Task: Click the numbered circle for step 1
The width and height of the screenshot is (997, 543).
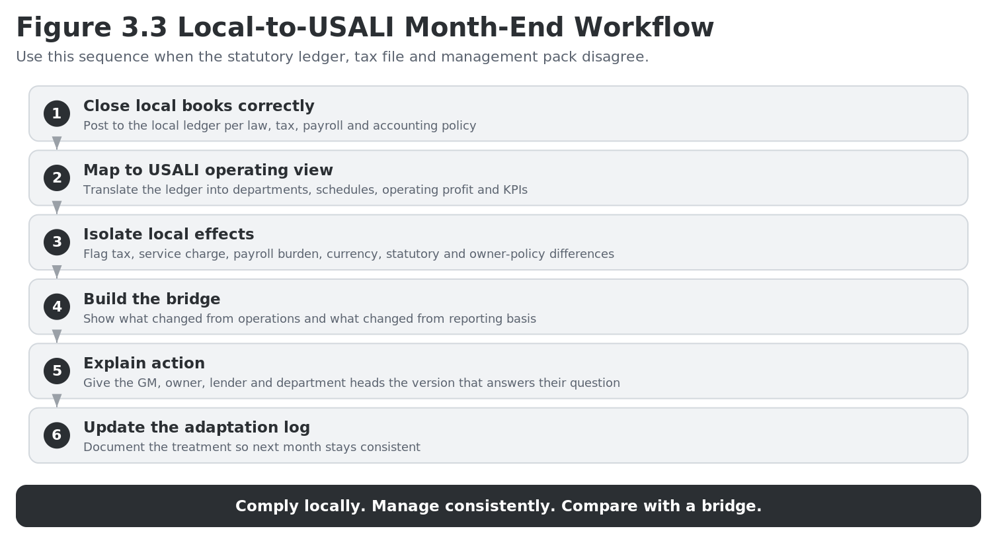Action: point(57,114)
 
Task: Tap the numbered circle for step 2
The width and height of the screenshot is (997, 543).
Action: point(57,178)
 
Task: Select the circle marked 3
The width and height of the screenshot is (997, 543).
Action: point(57,242)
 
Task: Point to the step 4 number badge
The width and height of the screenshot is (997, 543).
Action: point(57,307)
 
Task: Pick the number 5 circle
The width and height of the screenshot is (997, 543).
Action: point(57,371)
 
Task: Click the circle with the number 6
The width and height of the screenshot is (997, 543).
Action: point(57,435)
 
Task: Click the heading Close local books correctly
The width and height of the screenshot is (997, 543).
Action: point(199,106)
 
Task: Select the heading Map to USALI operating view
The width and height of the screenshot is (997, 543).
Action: point(208,171)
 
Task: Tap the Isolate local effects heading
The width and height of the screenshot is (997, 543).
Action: point(169,234)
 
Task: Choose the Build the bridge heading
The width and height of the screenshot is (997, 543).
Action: point(152,299)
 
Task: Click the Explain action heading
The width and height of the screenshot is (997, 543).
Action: point(144,363)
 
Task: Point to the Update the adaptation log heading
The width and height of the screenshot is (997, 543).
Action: point(197,428)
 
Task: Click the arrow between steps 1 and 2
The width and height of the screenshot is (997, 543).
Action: point(57,143)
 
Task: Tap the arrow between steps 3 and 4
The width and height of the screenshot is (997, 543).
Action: point(57,271)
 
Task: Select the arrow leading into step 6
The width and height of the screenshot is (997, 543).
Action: point(57,400)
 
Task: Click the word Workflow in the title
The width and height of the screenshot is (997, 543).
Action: point(644,28)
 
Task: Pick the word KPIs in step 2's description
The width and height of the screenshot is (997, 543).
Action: point(516,190)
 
